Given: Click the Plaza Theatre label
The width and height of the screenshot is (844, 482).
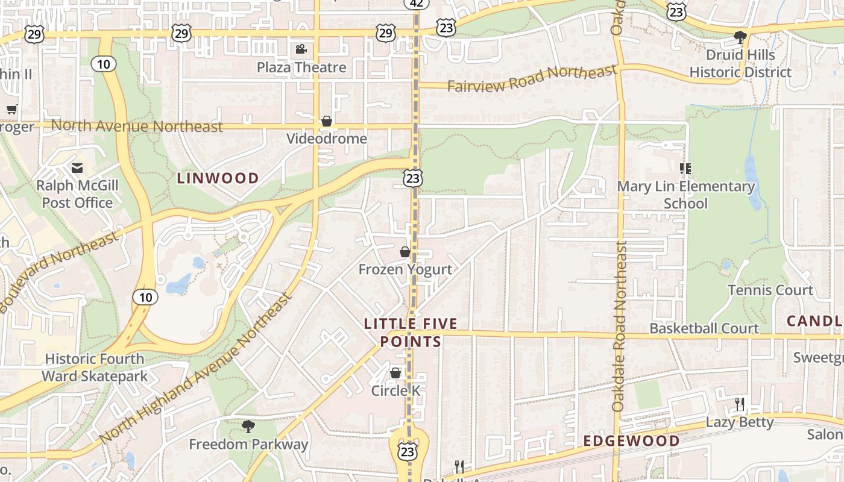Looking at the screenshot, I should pos(301,67).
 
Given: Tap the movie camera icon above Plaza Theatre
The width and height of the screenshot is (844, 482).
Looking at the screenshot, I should pos(301,49).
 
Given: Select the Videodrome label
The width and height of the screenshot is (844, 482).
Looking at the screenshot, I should pos(326,139).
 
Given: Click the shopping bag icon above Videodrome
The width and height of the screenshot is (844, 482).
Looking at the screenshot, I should pos(327,121).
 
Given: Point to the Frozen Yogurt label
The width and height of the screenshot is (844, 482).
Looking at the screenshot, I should pos(405,269).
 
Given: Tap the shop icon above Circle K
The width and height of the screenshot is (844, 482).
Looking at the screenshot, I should pos(395,373).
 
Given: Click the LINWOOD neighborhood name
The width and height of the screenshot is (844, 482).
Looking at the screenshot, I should pos(218,178).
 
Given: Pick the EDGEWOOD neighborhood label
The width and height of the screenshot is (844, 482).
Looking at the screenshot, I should pos(631,441).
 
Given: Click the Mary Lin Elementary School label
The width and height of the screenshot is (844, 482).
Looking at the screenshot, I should pos(685,195).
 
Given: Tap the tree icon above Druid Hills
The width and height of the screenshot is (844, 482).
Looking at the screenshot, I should pos(740,37).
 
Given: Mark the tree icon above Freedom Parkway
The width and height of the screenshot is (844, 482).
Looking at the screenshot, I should pos(248,427).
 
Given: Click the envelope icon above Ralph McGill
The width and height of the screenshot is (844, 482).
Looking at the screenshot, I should pos(77,167).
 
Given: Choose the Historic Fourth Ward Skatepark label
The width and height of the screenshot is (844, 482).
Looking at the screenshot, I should pos(95,368).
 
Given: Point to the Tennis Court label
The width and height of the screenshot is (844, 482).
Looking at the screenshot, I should pos(770,290).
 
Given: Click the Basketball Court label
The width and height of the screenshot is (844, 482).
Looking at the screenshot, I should pos(704,328).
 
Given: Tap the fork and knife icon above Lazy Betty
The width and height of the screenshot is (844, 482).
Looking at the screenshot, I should pos(739,404).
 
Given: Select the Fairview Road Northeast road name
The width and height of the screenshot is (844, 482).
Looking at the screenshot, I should pos(532,79).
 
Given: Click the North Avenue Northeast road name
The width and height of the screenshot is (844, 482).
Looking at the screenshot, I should pos(137,126).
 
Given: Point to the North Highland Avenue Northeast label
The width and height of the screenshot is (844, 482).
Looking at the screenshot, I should pos(196,368).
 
